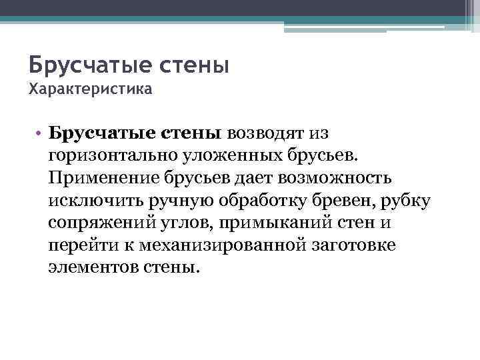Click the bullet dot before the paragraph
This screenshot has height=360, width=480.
(x=41, y=133)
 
